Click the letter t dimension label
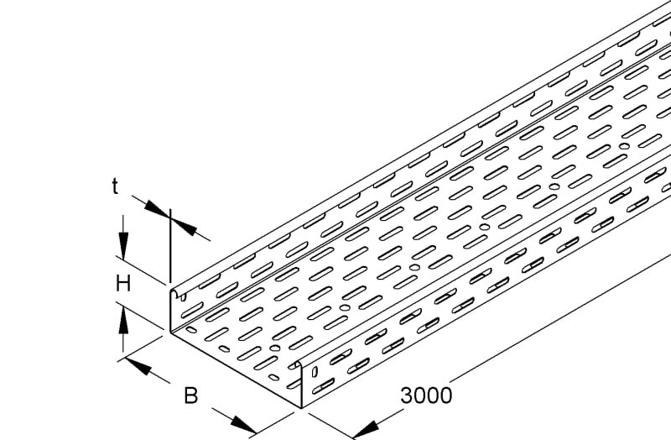(115, 186)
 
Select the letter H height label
(123, 284)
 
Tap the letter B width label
(191, 395)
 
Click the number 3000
(426, 395)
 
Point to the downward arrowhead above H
(123, 245)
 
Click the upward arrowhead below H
(123, 321)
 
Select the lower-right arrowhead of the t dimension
(184, 227)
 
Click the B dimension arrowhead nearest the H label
(138, 367)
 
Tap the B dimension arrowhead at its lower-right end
(243, 424)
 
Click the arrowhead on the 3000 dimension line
(366, 429)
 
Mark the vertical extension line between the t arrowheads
(170, 246)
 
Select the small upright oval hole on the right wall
(315, 371)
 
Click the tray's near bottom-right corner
(302, 408)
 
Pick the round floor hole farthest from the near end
(624, 146)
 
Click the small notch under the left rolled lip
(184, 297)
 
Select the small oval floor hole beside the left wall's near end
(191, 329)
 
